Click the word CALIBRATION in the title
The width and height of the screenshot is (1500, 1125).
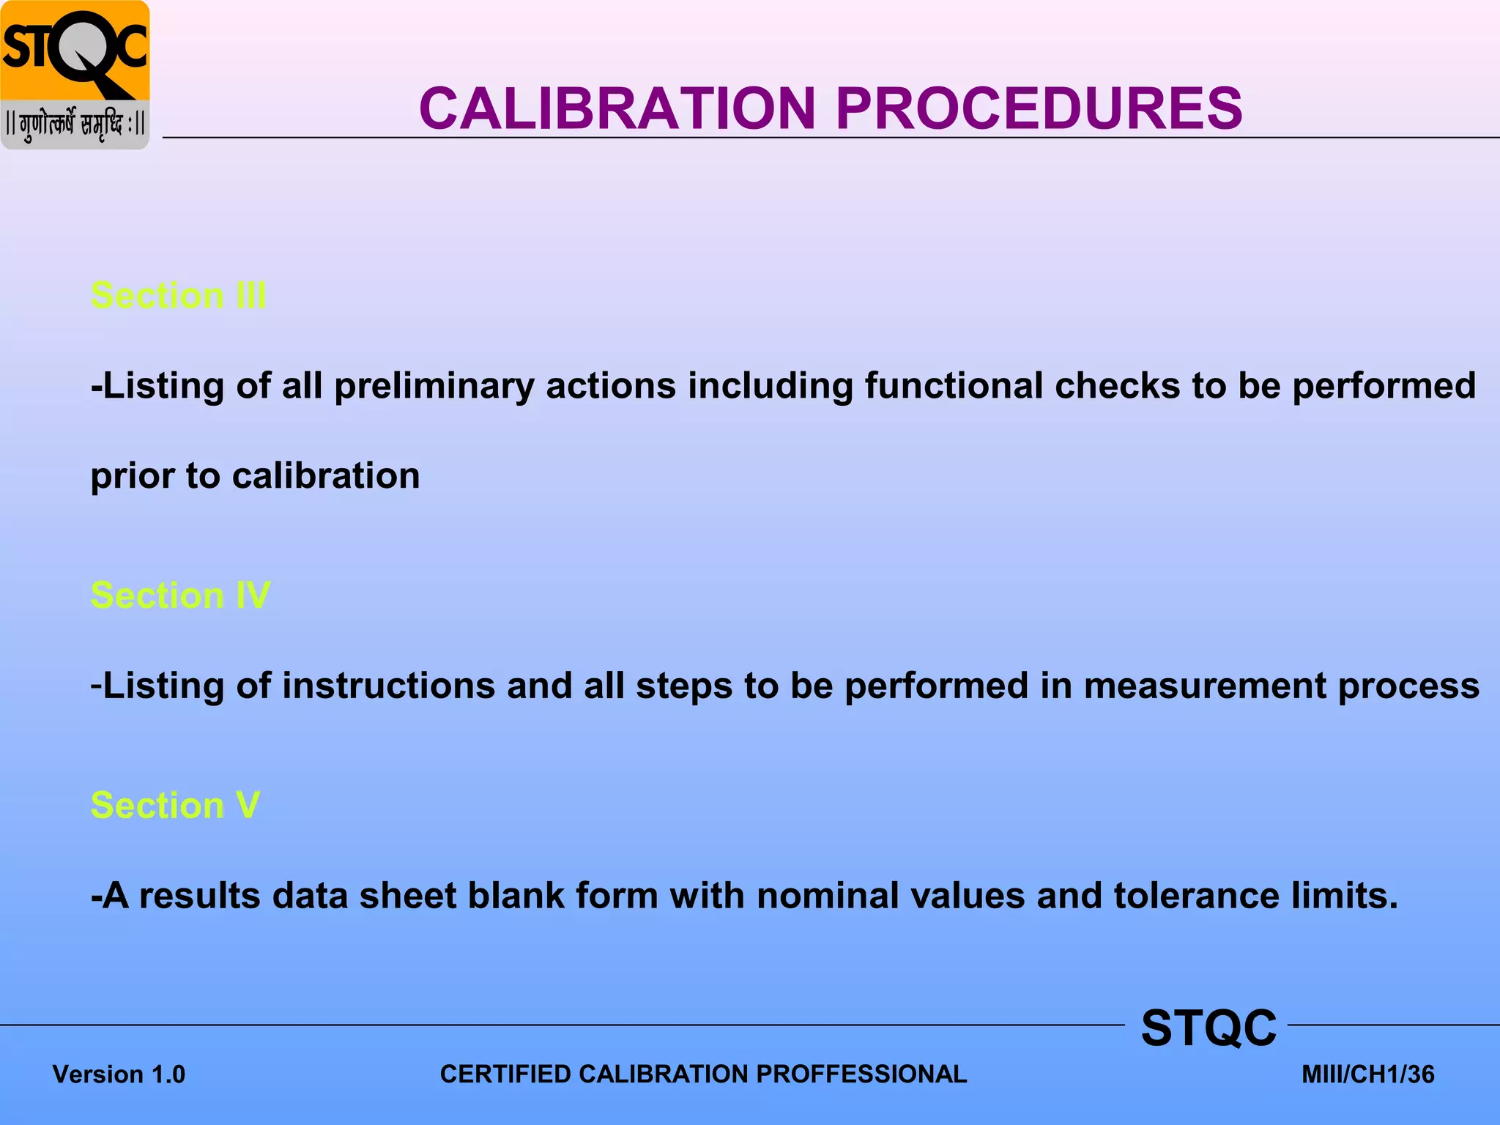pos(617,108)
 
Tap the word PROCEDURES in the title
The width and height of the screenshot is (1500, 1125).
pos(1039,108)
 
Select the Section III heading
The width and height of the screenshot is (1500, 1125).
pos(178,296)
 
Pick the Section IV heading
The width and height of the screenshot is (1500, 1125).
pos(180,595)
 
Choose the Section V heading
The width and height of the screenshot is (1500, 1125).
pos(175,806)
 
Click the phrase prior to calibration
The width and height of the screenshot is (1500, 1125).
pos(255,476)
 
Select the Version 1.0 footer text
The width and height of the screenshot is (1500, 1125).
pos(119,1074)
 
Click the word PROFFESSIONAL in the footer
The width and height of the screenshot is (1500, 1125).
pos(861,1074)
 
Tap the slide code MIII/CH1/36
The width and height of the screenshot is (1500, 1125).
pos(1367,1074)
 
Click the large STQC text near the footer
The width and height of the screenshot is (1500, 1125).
pos(1208,1028)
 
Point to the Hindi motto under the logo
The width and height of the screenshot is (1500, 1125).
pos(75,125)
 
